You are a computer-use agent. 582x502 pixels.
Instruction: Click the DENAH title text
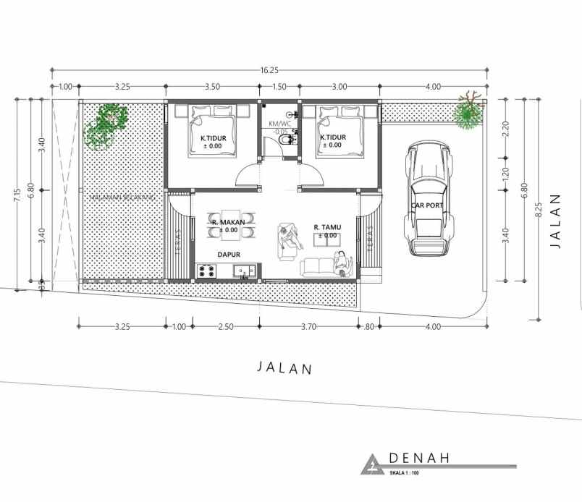pos(420,458)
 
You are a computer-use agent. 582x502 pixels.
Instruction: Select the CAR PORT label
pos(428,205)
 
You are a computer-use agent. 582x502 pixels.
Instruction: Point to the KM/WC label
pos(279,124)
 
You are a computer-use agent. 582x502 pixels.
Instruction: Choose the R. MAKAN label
pos(229,222)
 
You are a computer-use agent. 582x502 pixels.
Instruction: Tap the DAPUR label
pos(229,255)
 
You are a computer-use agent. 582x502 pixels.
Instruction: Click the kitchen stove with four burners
pos(206,271)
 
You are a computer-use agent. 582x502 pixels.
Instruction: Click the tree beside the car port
pos(468,113)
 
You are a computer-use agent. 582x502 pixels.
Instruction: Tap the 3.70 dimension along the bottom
pos(309,326)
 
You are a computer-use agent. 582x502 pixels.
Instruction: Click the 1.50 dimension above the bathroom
pos(279,87)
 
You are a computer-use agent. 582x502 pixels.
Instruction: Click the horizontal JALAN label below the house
pos(285,367)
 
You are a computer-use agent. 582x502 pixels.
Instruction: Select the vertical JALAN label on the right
pos(556,221)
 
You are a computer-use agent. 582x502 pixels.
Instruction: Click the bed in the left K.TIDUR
pos(212,130)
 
